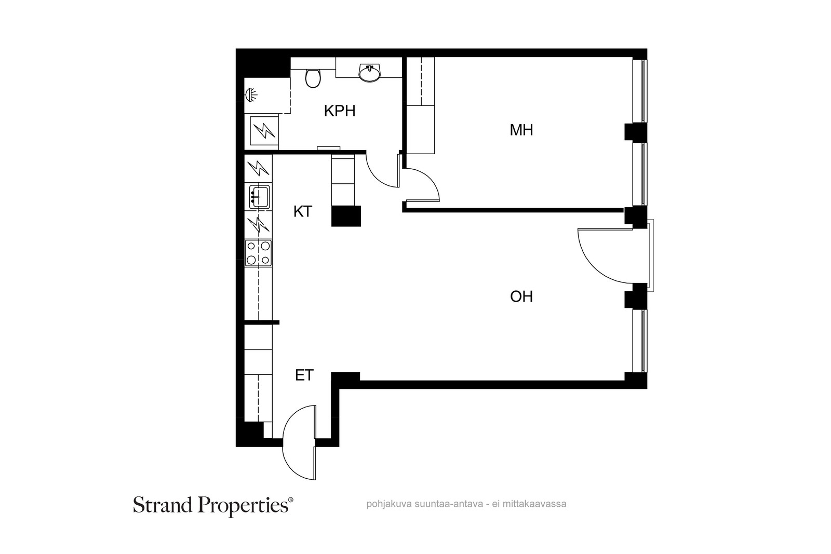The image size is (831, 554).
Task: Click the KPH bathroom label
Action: point(340,111)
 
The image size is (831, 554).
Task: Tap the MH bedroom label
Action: point(521,130)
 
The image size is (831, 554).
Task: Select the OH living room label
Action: point(521,296)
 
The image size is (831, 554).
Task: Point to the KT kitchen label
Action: point(303,212)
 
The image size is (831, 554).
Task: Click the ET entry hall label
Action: point(304,375)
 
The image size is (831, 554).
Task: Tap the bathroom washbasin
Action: point(369,72)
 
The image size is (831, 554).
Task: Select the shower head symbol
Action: point(251,94)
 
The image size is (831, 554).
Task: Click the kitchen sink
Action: point(259,196)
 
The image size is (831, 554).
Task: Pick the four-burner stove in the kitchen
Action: point(258,253)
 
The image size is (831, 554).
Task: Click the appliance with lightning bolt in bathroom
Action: point(264,130)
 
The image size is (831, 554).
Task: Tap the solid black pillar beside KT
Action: point(346,216)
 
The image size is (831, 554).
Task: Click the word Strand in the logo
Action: point(163,505)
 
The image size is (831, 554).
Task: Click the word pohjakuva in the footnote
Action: point(384,504)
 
